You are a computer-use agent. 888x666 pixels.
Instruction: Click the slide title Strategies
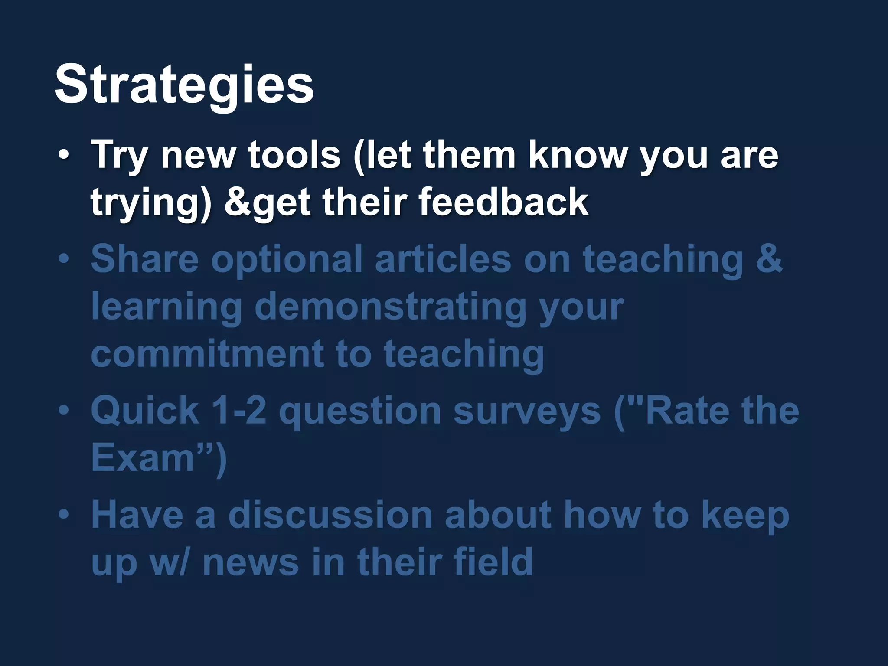[184, 85]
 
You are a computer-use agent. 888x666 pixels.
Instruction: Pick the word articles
[443, 259]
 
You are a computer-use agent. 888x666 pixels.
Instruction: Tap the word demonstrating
[390, 307]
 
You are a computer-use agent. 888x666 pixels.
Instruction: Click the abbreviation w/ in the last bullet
[169, 562]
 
